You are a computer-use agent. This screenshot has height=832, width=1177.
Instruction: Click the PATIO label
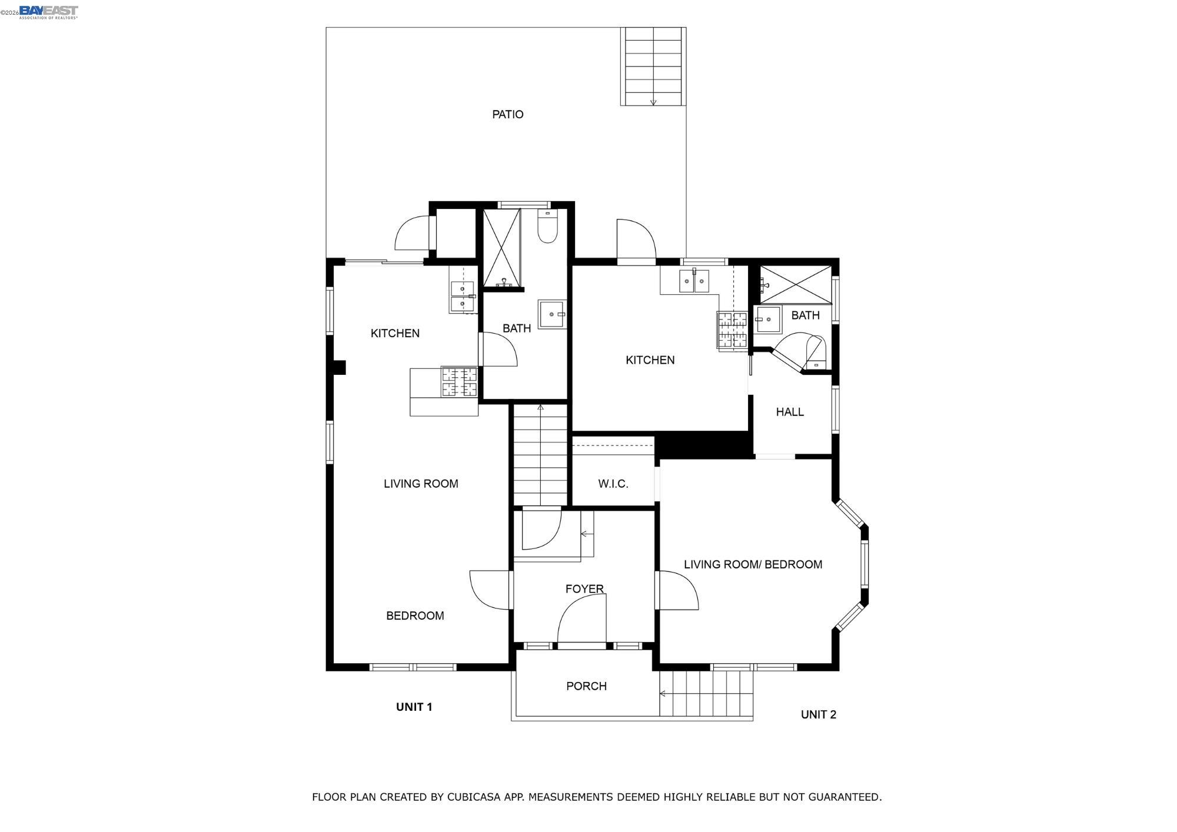507,114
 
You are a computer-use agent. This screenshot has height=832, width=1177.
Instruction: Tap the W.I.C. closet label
613,484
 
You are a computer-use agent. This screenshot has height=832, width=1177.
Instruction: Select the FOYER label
584,588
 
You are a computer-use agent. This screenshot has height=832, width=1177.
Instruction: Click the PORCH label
586,686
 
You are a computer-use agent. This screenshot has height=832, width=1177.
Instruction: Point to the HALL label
790,412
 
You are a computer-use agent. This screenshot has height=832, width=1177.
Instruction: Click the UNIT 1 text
414,707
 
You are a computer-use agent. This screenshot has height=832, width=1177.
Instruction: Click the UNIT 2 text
818,714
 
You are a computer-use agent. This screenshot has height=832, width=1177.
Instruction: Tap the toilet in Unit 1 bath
547,228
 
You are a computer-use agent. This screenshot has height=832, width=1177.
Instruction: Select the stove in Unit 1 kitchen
460,382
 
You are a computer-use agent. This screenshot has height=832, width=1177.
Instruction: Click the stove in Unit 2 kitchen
732,330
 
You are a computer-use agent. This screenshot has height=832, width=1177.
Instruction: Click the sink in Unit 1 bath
551,314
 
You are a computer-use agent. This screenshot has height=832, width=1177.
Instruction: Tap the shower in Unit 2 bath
795,285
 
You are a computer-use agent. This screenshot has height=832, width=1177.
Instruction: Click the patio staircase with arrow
653,66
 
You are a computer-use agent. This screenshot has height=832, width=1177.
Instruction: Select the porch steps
706,694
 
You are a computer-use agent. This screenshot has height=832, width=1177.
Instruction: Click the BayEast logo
48,12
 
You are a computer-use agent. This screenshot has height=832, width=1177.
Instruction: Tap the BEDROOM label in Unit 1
415,615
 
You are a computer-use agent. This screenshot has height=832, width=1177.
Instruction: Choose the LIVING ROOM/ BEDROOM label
753,564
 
